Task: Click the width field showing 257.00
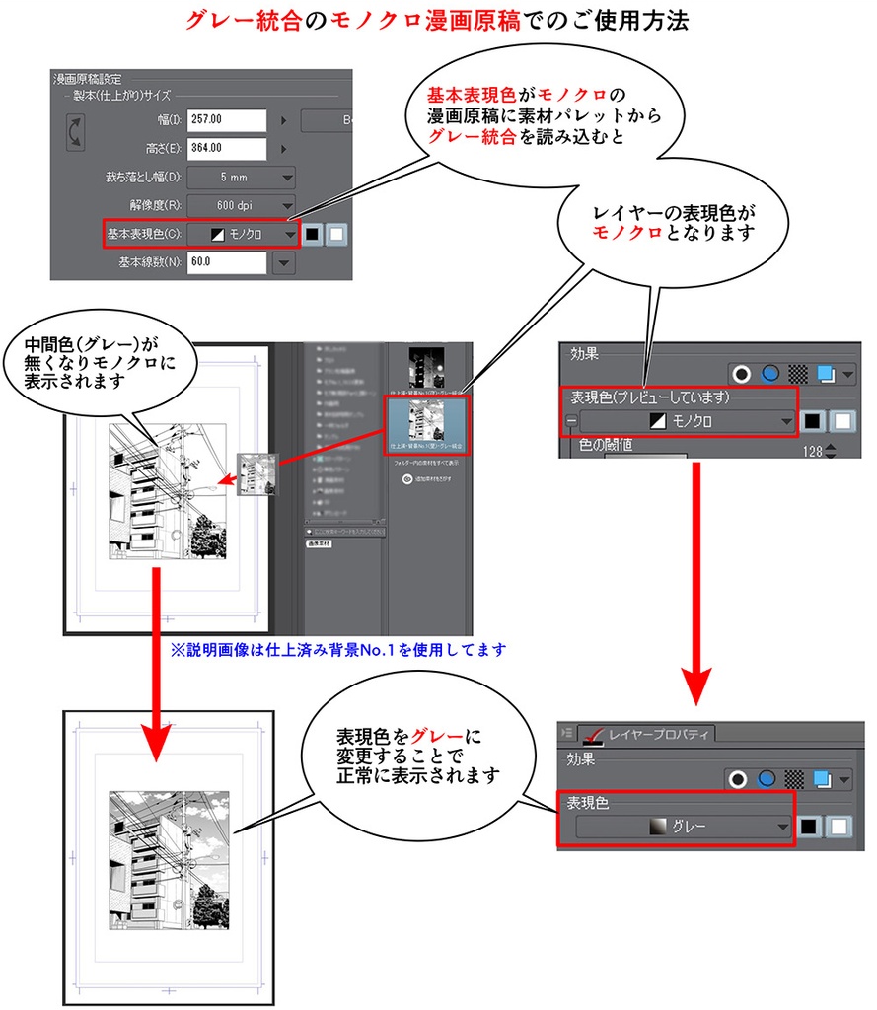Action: (227, 120)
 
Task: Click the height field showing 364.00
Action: (227, 149)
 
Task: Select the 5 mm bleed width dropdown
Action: (242, 178)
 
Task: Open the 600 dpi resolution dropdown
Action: (242, 206)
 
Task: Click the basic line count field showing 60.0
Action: (227, 263)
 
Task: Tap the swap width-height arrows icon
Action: (75, 134)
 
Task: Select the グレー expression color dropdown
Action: (686, 827)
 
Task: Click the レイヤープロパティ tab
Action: (650, 734)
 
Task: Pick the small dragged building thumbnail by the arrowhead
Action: (257, 475)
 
